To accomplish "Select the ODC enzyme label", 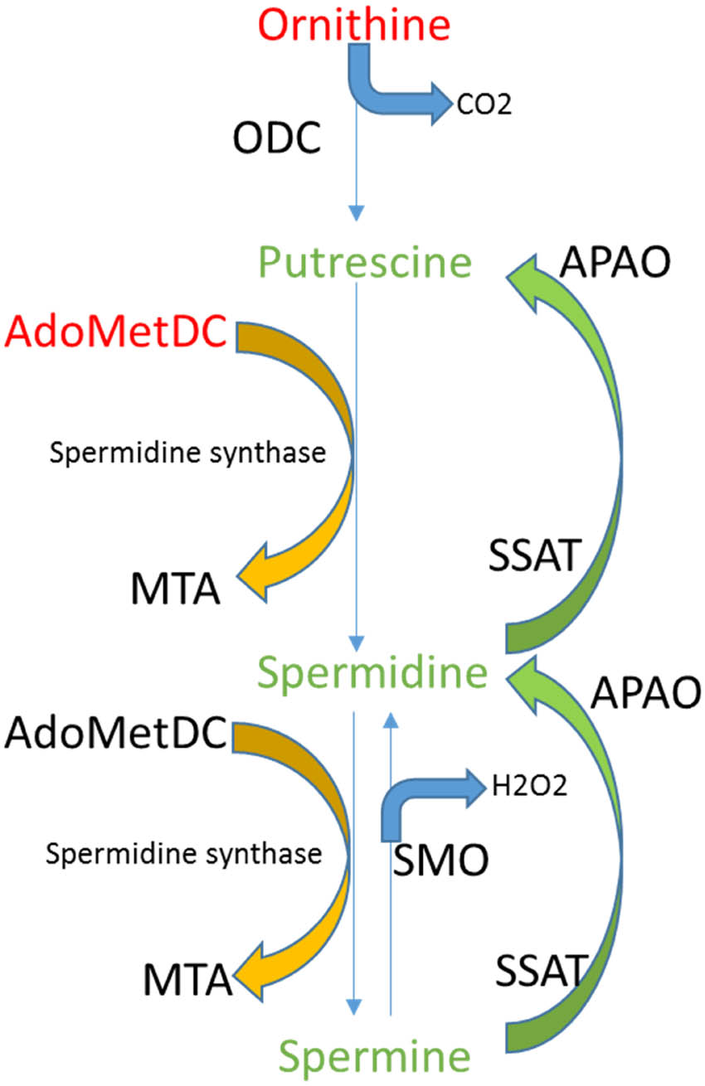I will pos(276,140).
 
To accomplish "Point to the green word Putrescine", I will pos(365,263).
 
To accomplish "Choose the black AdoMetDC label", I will pos(116,733).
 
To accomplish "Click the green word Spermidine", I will pos(372,673).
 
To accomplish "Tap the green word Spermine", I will pos(375,1056).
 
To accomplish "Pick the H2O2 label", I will pos(530,786).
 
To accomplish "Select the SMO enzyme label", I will pos(440,863).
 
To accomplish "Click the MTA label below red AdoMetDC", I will pos(175,592).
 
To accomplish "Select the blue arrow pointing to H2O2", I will pos(431,796).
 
